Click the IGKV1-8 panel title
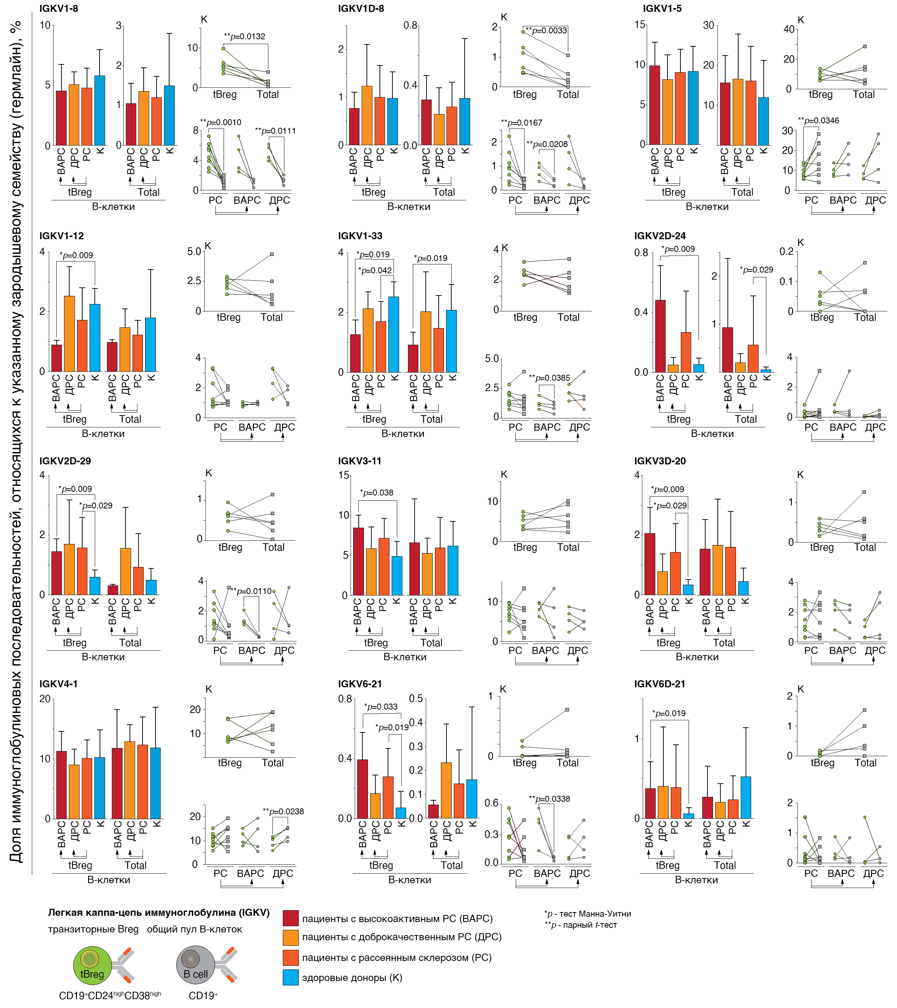point(59,9)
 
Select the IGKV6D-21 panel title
point(660,684)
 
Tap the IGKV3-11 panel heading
point(359,461)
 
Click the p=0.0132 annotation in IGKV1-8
point(245,37)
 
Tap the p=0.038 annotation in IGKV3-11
point(377,493)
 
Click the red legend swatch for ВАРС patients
point(291,918)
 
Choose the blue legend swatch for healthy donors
point(291,977)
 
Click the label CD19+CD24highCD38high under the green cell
point(110,995)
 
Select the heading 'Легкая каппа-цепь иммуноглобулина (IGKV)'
point(158,912)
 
